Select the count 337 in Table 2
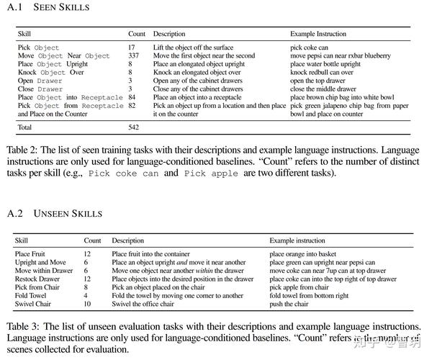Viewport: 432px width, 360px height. pos(134,55)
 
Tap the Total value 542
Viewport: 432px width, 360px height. pos(134,127)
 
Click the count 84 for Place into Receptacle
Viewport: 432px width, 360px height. pos(132,97)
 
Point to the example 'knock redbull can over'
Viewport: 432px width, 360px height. pos(322,72)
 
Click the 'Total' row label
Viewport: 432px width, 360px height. pos(26,127)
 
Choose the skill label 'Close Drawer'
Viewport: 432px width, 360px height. pos(38,89)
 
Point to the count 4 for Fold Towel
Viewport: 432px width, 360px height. pos(86,295)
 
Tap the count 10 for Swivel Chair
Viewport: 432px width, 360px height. pos(88,304)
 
